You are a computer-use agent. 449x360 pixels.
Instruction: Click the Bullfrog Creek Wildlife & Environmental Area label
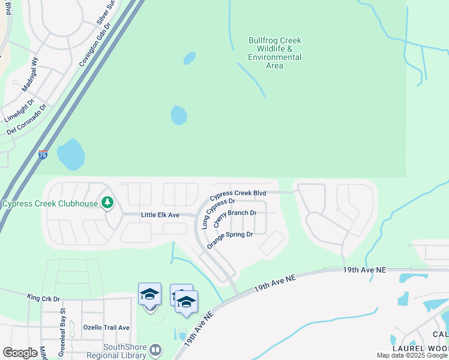click(274, 53)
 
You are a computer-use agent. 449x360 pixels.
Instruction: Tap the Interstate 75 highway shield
click(43, 155)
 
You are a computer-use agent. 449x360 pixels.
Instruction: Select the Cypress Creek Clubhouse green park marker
click(107, 203)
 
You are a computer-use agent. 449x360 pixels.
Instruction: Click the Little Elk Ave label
click(160, 215)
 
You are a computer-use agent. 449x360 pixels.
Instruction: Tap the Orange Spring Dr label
click(230, 238)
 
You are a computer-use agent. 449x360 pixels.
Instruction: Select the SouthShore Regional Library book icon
click(155, 349)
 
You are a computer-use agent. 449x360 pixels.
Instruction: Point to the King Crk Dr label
click(44, 298)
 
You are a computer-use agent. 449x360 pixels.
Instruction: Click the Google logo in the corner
click(20, 353)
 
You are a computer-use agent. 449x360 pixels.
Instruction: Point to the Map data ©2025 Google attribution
click(412, 355)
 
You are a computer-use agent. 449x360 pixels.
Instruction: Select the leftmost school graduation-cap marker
click(149, 295)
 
